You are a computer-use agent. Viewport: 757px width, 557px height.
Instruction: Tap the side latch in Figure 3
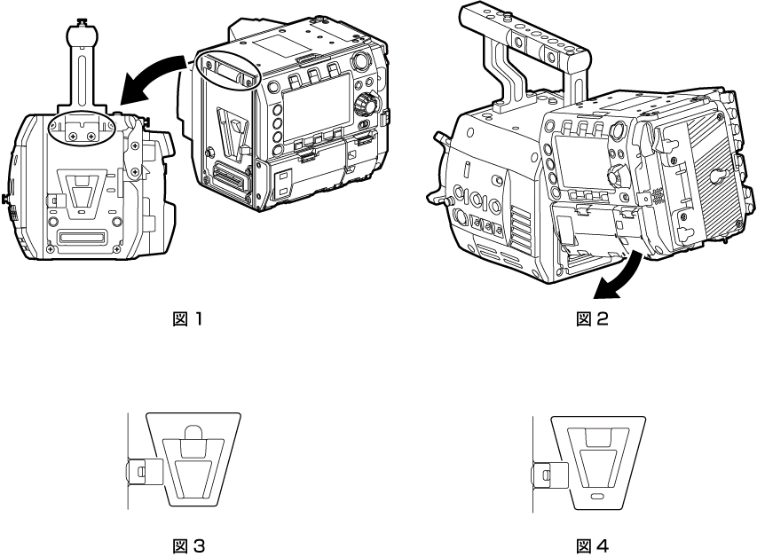click(x=143, y=471)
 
